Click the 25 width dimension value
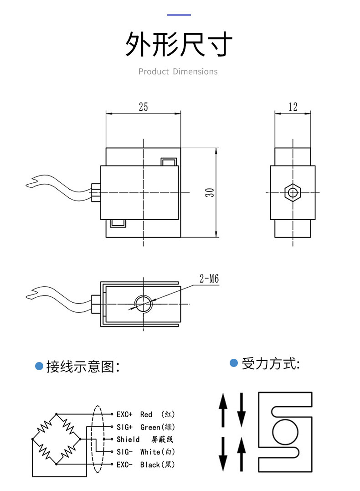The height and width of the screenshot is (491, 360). [x=143, y=107]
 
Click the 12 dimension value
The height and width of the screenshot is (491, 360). [x=293, y=107]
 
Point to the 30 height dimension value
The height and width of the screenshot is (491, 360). [x=209, y=192]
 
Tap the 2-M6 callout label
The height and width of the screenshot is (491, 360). [x=209, y=278]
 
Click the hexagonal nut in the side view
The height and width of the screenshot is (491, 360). [x=292, y=192]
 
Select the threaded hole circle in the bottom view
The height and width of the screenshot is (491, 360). [x=144, y=302]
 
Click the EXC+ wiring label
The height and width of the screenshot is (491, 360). [x=124, y=414]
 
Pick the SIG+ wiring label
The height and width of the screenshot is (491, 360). [x=124, y=427]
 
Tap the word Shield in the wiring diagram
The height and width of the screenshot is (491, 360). [x=128, y=439]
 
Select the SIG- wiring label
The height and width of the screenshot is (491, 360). [x=124, y=452]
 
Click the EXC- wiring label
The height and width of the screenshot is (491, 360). [x=124, y=465]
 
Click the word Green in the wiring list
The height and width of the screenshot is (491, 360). [x=150, y=427]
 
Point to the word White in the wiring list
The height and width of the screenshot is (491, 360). [x=150, y=452]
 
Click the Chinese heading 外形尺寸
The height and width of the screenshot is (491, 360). [x=179, y=44]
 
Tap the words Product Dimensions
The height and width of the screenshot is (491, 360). [x=178, y=72]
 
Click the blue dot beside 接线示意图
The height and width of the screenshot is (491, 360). [x=39, y=366]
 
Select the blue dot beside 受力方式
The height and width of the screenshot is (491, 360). [x=234, y=363]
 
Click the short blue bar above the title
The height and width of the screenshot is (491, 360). [x=179, y=15]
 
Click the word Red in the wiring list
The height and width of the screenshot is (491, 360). [x=146, y=414]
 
